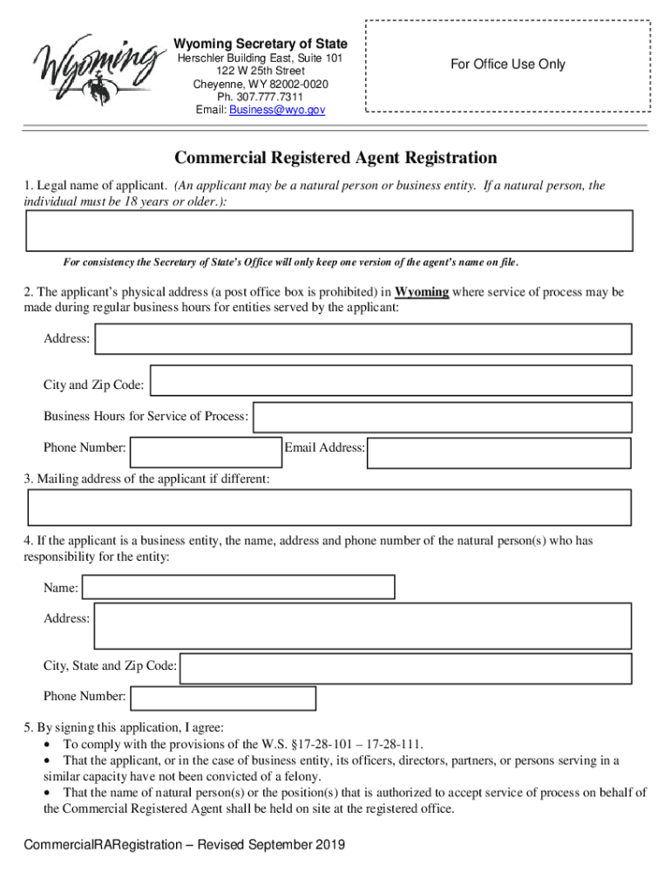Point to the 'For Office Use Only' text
tap(507, 64)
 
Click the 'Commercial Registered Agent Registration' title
tap(335, 158)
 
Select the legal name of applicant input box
tap(329, 231)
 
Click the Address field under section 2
tap(363, 339)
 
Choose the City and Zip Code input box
tap(390, 381)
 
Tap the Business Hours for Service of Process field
tap(441, 417)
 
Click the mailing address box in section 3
tap(329, 507)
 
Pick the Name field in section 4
tap(238, 587)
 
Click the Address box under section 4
tap(363, 625)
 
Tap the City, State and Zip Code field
tap(405, 669)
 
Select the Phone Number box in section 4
tap(222, 699)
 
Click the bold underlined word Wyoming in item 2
tap(422, 292)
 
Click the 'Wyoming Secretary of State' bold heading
tap(261, 44)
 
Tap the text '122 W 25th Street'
tap(261, 71)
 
